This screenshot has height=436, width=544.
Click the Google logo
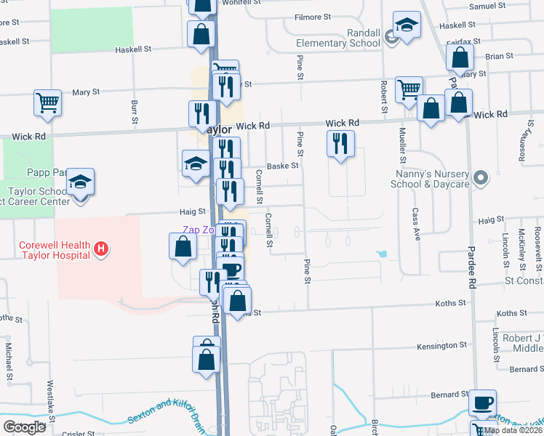click(x=24, y=427)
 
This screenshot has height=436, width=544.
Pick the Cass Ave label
click(x=417, y=225)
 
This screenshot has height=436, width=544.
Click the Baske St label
click(x=283, y=166)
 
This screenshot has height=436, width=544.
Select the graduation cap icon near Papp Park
click(x=81, y=181)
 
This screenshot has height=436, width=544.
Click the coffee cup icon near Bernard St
click(x=481, y=402)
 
